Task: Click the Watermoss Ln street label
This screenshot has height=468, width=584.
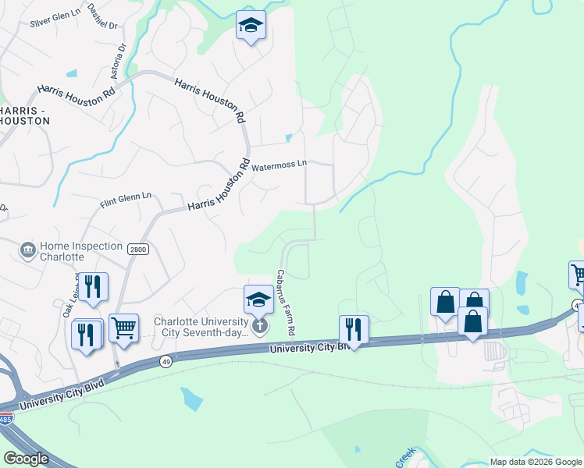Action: coord(279,165)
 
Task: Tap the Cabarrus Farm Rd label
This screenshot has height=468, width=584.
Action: coord(285,303)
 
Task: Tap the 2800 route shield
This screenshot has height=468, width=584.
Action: coord(137,248)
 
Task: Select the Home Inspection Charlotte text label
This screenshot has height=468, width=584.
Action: coord(73,250)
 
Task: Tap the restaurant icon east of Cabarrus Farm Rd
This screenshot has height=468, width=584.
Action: coord(354,329)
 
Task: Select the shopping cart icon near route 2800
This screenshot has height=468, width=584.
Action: coord(123,328)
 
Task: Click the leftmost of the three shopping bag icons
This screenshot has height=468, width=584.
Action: coord(444,303)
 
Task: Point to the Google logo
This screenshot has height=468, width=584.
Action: coord(27,458)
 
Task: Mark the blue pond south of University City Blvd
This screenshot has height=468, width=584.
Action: coord(191,399)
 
